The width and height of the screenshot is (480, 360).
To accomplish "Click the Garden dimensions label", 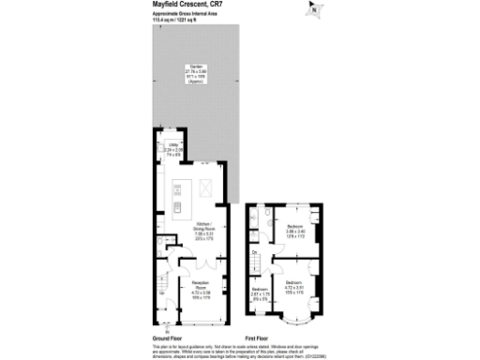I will pos(196,74).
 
